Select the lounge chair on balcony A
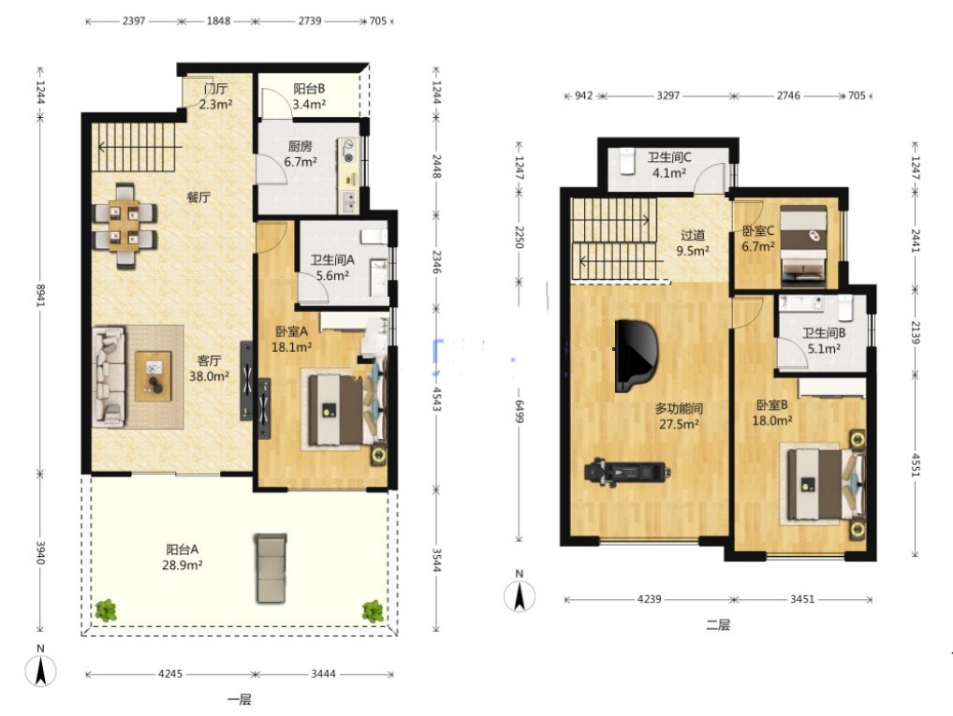(271, 568)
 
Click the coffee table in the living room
(154, 375)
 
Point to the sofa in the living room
(109, 377)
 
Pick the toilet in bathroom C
(627, 161)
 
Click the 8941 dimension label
(40, 295)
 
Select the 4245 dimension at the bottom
(170, 674)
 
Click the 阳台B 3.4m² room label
(309, 96)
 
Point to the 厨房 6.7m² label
(301, 153)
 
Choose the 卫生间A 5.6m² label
(332, 268)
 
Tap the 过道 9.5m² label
(692, 242)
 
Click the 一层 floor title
(240, 699)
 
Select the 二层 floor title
(718, 624)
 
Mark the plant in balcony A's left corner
(106, 609)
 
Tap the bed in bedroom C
(803, 246)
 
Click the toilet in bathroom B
(844, 308)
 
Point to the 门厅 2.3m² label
(215, 96)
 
